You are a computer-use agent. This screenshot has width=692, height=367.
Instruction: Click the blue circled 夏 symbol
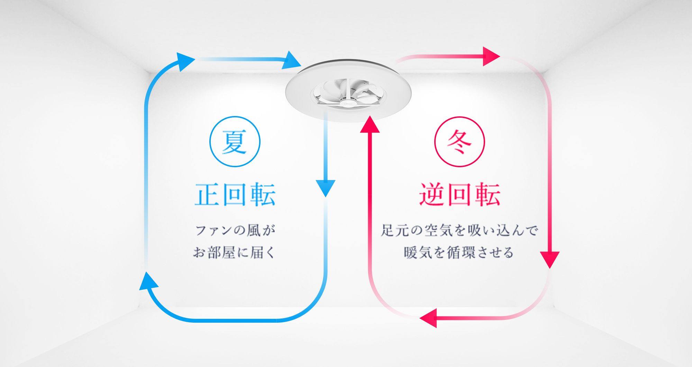(235, 142)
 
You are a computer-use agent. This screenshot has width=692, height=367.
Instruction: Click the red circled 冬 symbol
(459, 142)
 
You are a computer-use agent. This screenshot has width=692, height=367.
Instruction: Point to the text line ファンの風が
(235, 231)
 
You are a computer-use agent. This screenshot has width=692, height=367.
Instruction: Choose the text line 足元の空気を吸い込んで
(459, 231)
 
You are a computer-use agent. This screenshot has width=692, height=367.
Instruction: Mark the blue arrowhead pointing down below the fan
(325, 188)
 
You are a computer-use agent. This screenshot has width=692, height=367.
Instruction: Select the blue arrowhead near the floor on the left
(148, 281)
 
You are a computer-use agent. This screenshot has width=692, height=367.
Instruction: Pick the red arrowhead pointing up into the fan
(370, 125)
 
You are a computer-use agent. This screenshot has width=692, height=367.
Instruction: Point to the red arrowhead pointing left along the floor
(428, 318)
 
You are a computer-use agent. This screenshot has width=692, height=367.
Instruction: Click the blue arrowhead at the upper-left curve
(185, 61)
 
